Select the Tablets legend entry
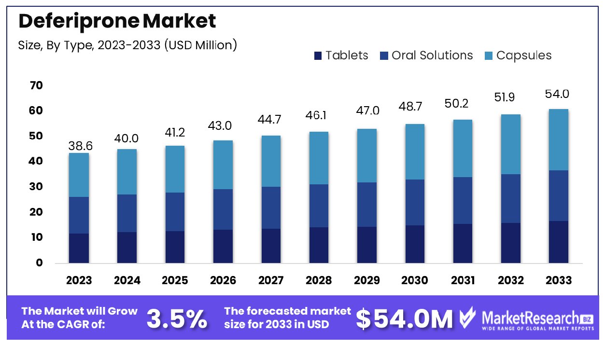pyautogui.click(x=341, y=55)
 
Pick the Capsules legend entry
pyautogui.click(x=518, y=55)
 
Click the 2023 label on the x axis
pyautogui.click(x=79, y=280)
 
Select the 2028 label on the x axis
pyautogui.click(x=319, y=280)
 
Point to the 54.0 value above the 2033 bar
pyautogui.click(x=558, y=94)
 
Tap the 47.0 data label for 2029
pyautogui.click(x=367, y=111)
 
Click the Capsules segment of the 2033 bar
pyautogui.click(x=558, y=140)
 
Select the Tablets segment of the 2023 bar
pyautogui.click(x=79, y=248)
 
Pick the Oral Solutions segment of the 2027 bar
pyautogui.click(x=271, y=208)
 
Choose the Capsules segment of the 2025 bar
pyautogui.click(x=175, y=169)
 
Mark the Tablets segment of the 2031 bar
pyautogui.click(x=463, y=243)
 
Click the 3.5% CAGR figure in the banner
pyautogui.click(x=177, y=318)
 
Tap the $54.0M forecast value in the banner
pyautogui.click(x=404, y=318)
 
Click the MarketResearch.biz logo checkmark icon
pyautogui.click(x=468, y=318)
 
